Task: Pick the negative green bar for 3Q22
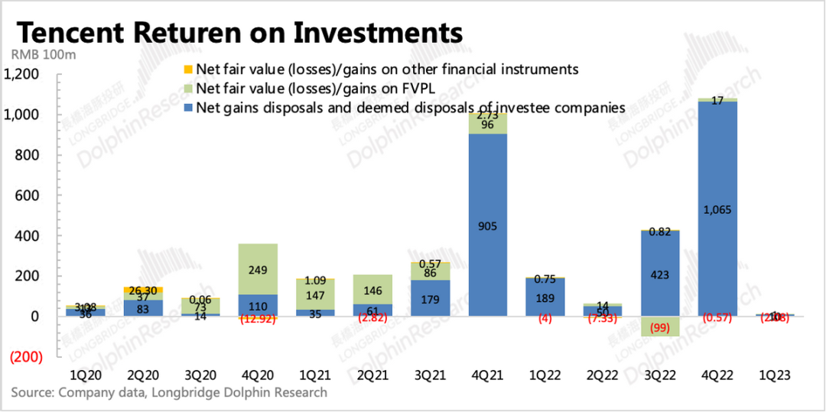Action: (x=660, y=326)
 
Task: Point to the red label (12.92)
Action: (x=259, y=319)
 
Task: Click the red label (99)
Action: (x=660, y=326)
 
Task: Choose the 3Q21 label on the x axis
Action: (x=431, y=375)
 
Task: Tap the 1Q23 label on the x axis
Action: (x=775, y=375)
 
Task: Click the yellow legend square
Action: (x=188, y=70)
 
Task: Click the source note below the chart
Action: (x=169, y=393)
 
